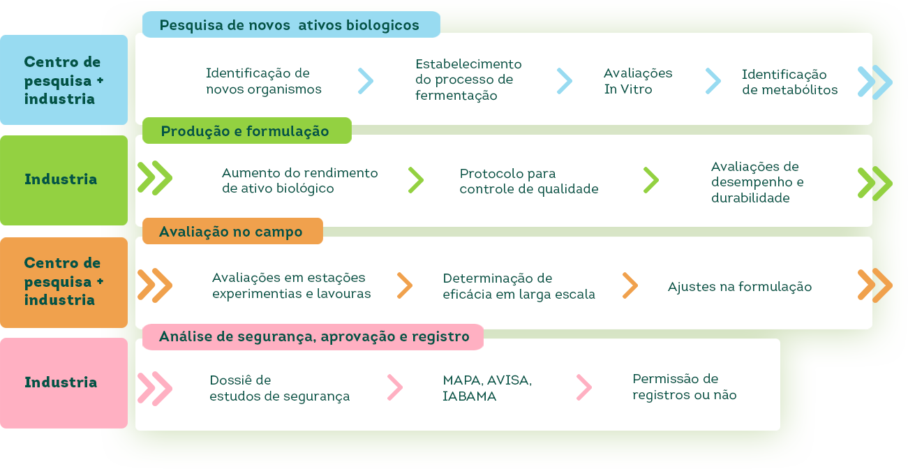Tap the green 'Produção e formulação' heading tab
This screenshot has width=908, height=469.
click(246, 131)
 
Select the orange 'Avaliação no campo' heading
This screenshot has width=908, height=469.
click(232, 232)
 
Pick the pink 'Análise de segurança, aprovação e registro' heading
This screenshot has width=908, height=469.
click(313, 337)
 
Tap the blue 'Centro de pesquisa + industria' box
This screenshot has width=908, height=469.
click(64, 80)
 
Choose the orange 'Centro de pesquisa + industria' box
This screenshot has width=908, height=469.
click(64, 281)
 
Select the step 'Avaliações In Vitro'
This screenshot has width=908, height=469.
click(638, 81)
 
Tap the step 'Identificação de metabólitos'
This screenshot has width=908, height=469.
click(789, 82)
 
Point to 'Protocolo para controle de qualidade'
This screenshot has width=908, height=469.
click(528, 181)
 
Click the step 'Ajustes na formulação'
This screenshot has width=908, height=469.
click(739, 287)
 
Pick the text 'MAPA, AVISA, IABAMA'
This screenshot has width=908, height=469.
click(486, 388)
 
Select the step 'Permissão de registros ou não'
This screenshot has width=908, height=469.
click(684, 387)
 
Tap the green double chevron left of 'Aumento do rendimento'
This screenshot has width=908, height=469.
click(154, 178)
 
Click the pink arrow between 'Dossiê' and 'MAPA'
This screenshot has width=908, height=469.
click(395, 387)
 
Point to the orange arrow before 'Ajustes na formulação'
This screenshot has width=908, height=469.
click(630, 285)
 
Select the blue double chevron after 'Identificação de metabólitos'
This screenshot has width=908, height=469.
click(875, 82)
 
